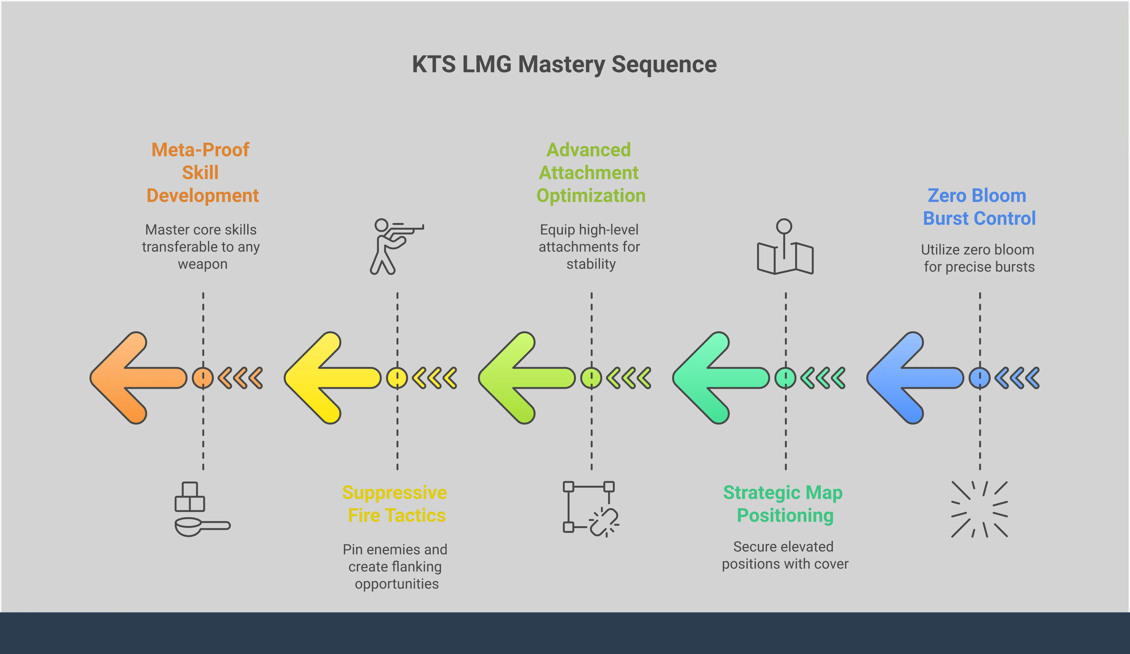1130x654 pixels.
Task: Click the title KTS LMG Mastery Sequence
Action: (564, 64)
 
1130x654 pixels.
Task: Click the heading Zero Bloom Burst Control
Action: (979, 207)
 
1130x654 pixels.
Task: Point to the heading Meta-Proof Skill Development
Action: (202, 173)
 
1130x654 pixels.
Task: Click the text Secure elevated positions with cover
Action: (785, 555)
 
